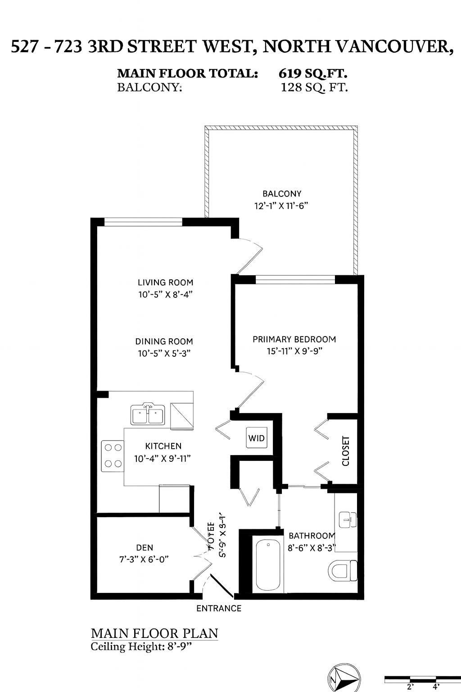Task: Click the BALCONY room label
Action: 282,194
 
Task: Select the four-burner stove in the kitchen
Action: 113,455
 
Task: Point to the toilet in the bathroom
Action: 343,571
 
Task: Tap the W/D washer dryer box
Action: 257,438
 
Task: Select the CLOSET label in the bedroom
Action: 346,451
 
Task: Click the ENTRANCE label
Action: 219,609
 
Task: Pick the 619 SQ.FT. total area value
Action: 313,73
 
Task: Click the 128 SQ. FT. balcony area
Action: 314,87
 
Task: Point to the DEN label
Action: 145,547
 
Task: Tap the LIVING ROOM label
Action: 165,282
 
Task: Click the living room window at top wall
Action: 143,221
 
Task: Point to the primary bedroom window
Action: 295,279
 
